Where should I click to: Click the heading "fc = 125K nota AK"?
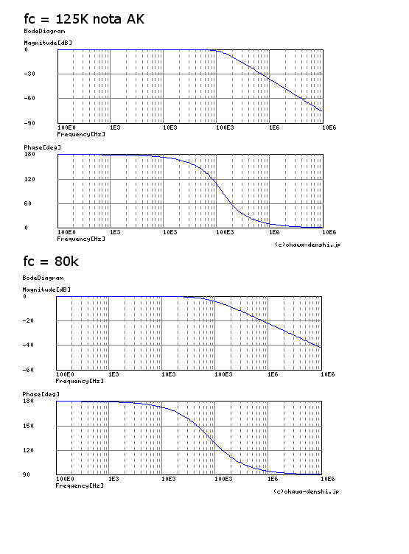point(84,19)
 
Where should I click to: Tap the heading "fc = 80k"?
point(51,262)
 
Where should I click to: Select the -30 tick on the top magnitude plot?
point(29,74)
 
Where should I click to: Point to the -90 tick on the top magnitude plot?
point(29,123)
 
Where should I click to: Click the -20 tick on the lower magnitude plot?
point(28,320)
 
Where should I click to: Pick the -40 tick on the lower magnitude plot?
point(28,345)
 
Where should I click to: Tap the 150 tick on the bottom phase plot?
point(28,426)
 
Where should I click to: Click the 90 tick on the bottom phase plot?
point(27,474)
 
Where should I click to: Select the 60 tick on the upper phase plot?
point(28,203)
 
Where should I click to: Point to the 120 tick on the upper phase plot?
point(29,179)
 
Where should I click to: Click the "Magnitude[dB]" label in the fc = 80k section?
point(46,290)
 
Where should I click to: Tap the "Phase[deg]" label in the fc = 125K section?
point(43,147)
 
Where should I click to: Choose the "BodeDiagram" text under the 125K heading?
point(44,31)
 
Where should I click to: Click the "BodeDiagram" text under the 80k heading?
point(43,278)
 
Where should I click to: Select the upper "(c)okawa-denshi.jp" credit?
point(307,245)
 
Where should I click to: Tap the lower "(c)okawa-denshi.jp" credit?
point(306,491)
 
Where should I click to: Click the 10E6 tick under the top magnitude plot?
point(329,127)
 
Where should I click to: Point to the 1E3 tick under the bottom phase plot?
point(113,479)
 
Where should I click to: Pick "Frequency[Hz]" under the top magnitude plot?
point(81,134)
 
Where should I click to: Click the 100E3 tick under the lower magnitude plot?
point(223,374)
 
